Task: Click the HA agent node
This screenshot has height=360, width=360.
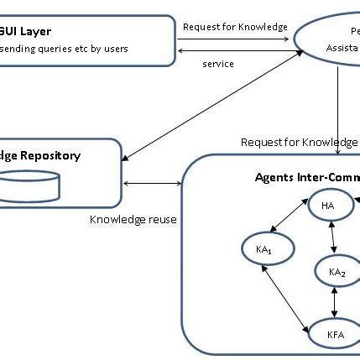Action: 326,206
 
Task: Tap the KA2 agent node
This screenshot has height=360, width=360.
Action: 337,271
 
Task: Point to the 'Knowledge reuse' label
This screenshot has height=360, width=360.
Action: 133,220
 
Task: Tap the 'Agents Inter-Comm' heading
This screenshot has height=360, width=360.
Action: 305,177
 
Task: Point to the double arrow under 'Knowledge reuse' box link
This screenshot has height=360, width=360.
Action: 152,182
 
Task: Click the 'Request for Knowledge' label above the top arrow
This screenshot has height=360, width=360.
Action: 234,26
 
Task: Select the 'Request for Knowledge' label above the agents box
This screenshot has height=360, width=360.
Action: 299,141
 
